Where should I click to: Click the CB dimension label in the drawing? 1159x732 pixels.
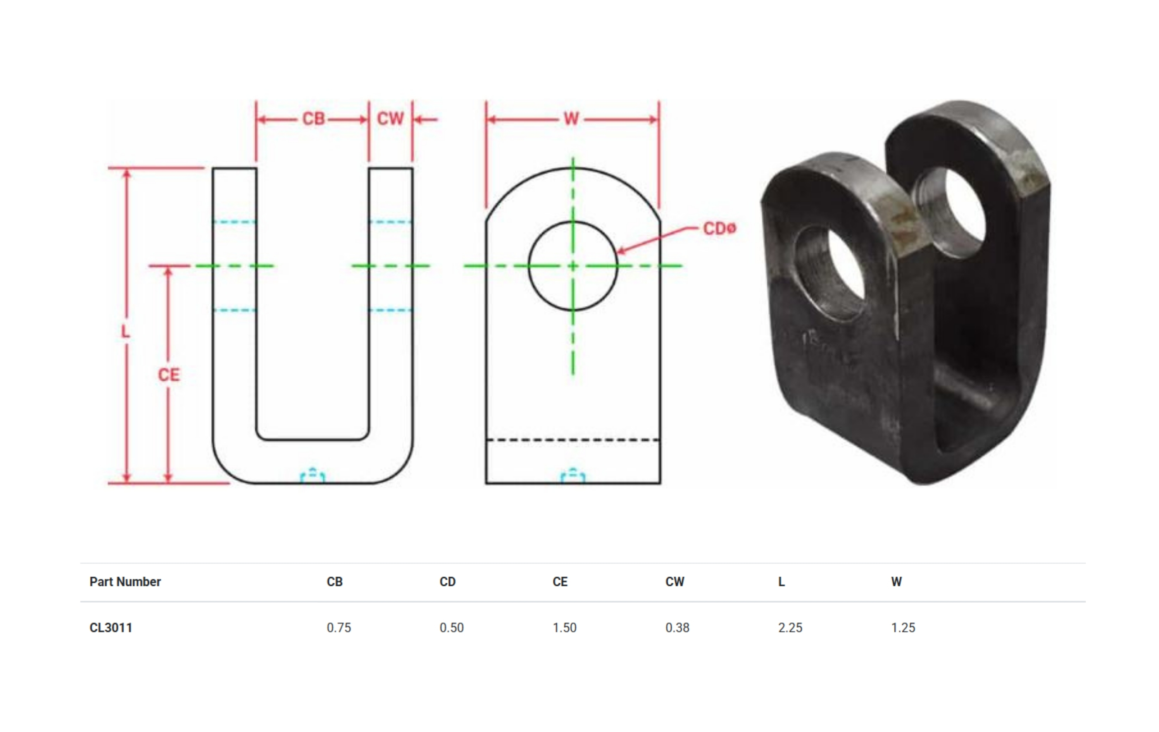click(313, 119)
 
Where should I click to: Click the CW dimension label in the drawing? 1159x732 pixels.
click(390, 119)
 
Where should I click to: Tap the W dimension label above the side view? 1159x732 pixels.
click(571, 119)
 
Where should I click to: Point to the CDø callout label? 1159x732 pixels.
click(719, 228)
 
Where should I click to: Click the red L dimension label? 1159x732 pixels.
click(125, 332)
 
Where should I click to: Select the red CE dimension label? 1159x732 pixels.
click(169, 375)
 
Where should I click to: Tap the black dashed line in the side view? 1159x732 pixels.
click(573, 440)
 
